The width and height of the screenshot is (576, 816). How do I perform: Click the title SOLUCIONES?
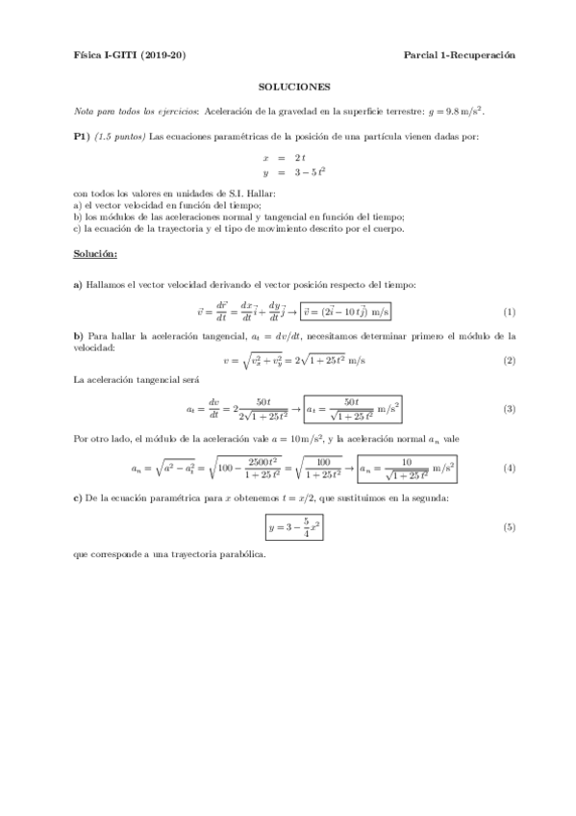coord(294,86)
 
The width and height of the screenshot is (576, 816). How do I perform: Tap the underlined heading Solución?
coord(95,254)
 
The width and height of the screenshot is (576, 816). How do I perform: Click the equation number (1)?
coord(510,312)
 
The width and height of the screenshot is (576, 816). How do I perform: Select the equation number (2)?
coord(510,360)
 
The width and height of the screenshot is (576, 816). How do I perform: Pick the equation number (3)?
coord(510,408)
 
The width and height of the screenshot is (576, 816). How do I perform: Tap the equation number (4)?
coord(510,469)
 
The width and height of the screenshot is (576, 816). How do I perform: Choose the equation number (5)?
coord(510,528)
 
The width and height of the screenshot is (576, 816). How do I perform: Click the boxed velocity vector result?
coord(346,312)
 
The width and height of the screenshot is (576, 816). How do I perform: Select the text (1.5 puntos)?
coord(119,136)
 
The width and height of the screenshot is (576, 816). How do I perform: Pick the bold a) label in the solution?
coord(78,285)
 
